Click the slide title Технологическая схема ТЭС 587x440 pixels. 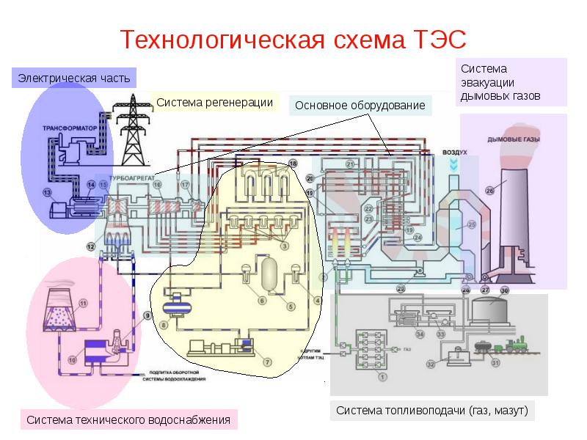point(293,38)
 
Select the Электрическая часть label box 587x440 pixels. point(73,77)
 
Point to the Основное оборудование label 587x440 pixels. point(360,106)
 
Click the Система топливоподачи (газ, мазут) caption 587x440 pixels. point(432,410)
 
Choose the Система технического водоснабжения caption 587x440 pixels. point(128,420)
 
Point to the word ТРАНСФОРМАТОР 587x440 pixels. point(70,128)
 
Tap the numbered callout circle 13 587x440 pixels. point(47,193)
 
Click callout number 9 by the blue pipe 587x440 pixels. point(147,315)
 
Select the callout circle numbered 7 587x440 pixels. point(268,362)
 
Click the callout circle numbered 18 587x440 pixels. point(293,163)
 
